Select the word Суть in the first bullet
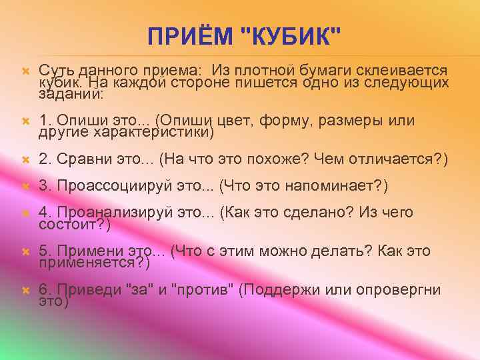coord(55,70)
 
